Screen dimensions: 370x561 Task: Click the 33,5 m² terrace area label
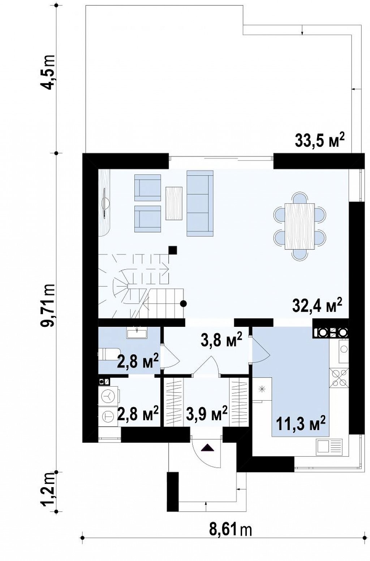[320, 140]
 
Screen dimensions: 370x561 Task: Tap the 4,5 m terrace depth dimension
[48, 72]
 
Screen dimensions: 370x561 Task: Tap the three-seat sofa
[200, 203]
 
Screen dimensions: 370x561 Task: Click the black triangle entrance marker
[207, 448]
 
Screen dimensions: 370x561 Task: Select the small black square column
[173, 250]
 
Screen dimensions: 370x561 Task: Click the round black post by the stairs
[184, 304]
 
